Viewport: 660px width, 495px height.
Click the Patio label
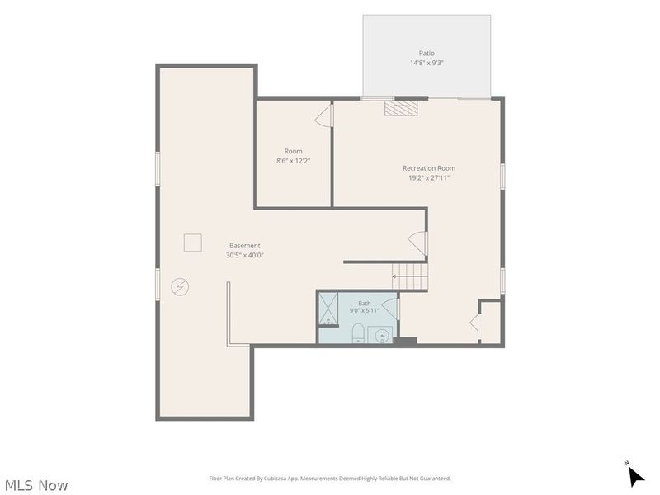pos(427,54)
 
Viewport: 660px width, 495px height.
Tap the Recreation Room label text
pos(429,168)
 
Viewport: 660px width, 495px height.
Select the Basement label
pos(244,245)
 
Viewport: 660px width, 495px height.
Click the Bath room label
pos(365,303)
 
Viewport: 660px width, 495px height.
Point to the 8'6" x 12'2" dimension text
pos(294,161)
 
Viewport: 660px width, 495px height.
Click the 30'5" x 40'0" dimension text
pos(244,255)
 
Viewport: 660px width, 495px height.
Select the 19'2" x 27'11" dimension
pos(429,177)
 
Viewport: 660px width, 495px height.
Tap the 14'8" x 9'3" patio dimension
pos(427,64)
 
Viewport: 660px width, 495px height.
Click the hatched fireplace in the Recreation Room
pos(401,107)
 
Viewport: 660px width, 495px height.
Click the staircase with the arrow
pos(410,276)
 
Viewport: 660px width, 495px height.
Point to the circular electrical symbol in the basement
pos(180,287)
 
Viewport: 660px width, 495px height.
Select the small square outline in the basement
pos(192,243)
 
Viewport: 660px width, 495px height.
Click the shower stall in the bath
pos(328,309)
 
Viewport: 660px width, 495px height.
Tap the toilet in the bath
pos(358,333)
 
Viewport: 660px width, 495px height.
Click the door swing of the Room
pos(323,115)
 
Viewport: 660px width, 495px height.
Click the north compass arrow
pos(635,475)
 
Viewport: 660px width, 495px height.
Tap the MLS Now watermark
pos(36,485)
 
